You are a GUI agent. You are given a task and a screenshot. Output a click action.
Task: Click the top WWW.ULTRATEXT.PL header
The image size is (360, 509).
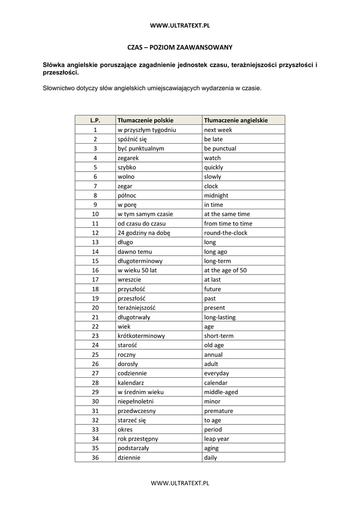(x=180, y=25)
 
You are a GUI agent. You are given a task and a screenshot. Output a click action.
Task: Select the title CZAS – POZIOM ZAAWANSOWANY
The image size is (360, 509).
(x=180, y=47)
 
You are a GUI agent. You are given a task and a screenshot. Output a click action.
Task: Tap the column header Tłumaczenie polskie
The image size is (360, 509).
(x=145, y=120)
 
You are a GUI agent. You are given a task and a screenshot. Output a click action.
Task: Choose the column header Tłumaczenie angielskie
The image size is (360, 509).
(x=236, y=120)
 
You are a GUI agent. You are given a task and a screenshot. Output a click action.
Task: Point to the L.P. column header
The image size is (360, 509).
(x=95, y=120)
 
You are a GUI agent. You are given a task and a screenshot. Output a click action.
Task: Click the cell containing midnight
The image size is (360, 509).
(x=216, y=195)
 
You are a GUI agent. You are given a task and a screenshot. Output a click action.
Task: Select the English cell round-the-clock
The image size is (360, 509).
(x=225, y=233)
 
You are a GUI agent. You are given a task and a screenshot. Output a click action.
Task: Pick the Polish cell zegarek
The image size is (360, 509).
(x=128, y=158)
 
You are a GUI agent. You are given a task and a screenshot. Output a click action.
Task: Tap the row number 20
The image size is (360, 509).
(x=95, y=308)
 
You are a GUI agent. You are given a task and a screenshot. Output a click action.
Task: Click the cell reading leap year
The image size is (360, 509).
(x=216, y=439)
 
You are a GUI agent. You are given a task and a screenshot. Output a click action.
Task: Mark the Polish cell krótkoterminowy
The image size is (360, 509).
(x=141, y=336)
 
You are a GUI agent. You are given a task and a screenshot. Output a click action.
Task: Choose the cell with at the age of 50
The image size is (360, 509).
(x=225, y=270)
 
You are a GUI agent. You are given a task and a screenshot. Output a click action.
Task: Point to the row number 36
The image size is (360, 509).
(x=95, y=458)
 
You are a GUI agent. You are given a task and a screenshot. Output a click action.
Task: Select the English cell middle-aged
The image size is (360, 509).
(x=221, y=392)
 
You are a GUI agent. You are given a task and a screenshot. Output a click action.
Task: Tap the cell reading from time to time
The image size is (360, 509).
(x=228, y=224)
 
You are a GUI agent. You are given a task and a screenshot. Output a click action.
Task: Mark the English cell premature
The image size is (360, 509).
(x=218, y=411)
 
